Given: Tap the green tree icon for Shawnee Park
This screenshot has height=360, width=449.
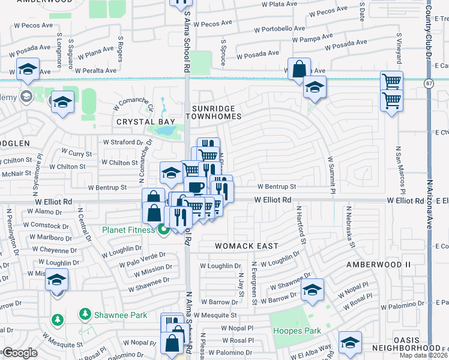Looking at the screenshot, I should click(x=85, y=314).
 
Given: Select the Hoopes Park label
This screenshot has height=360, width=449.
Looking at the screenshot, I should click(x=297, y=331).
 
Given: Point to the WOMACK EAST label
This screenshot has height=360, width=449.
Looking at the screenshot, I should click(x=247, y=246).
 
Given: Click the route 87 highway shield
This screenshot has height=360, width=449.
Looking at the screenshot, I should click(x=427, y=82).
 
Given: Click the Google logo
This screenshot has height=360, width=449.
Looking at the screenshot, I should click(x=20, y=353).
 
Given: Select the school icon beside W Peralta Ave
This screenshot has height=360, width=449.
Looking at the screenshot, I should click(x=28, y=70).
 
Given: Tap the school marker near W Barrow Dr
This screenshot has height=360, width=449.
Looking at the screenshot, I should click(x=312, y=290).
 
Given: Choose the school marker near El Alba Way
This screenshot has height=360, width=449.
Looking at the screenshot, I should click(x=350, y=343).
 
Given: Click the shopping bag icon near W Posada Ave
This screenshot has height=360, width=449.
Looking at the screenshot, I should click(x=298, y=70).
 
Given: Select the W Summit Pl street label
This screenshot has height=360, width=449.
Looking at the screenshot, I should click(x=330, y=174).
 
